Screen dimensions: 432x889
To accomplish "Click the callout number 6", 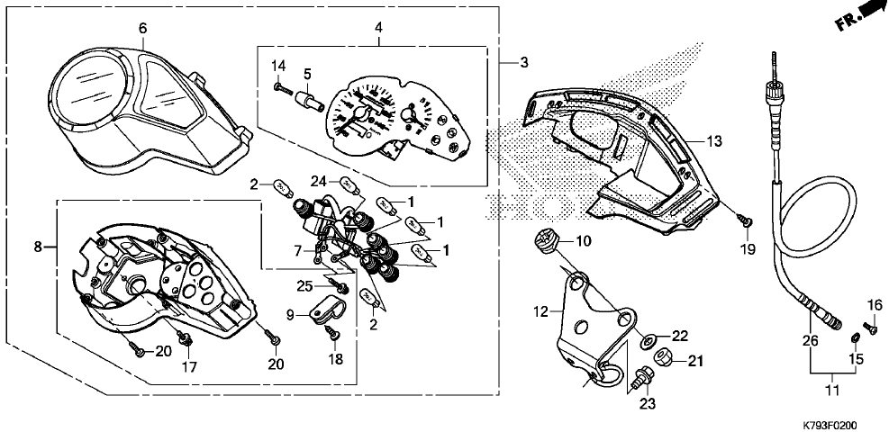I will coord(142,28).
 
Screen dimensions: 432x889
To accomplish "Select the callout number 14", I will coord(279,65).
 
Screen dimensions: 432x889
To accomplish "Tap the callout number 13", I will coord(714,141).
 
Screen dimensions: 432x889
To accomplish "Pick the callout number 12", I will coord(540,311).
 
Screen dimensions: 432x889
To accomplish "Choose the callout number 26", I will coord(808,340).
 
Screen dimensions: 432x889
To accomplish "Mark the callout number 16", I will coord(875,304).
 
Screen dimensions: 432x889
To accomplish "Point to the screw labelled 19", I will coord(747,221).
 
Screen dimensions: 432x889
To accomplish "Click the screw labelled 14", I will coord(281,87).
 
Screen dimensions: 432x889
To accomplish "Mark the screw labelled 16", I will coord(871,329).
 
